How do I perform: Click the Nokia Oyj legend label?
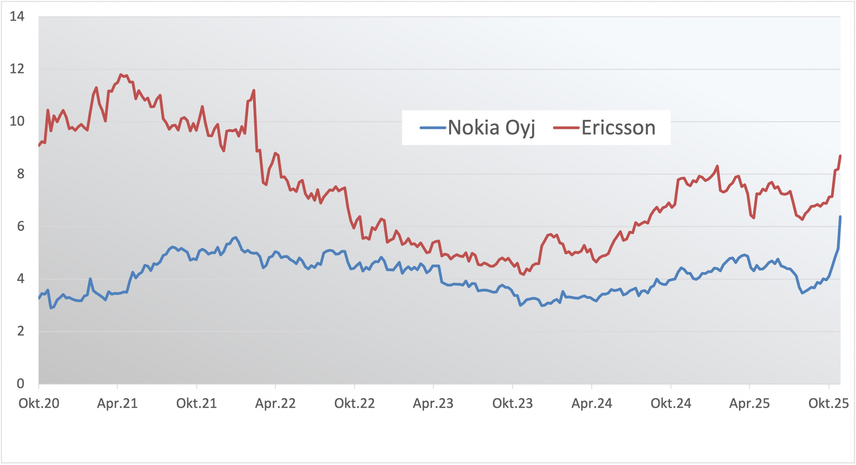[x=491, y=128]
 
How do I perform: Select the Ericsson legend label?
[x=618, y=128]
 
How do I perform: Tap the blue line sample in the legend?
[x=433, y=128]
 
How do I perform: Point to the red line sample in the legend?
[x=566, y=128]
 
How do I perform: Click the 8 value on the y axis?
[x=20, y=174]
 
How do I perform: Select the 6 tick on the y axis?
[x=20, y=226]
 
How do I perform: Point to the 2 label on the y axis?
[x=20, y=331]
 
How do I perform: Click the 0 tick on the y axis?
[x=20, y=384]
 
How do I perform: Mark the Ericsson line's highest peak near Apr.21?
[x=121, y=75]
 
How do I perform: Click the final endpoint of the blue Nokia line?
[x=840, y=217]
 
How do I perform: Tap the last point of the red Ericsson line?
[x=840, y=156]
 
